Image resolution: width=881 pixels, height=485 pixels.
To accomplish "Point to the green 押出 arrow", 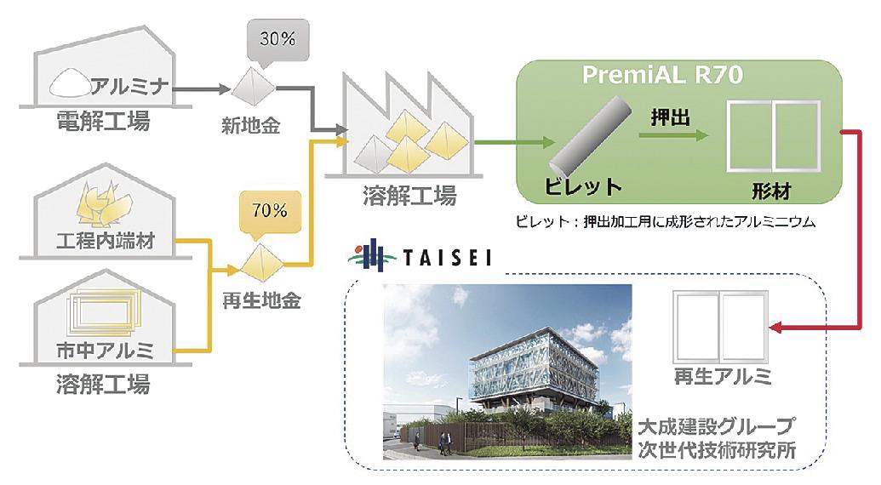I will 673,134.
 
